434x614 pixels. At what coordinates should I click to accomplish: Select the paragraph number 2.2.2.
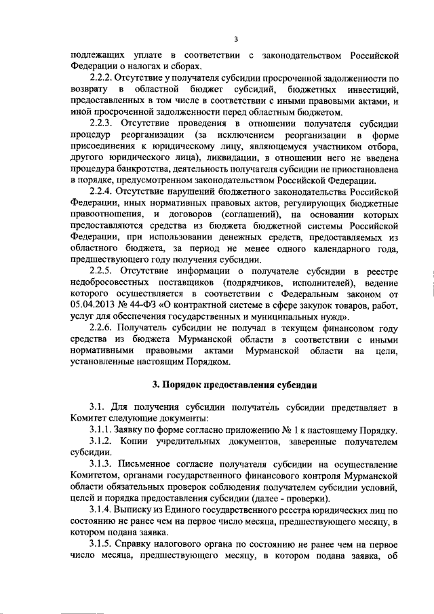tap(102, 79)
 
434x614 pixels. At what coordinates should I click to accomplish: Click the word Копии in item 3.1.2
tap(140, 442)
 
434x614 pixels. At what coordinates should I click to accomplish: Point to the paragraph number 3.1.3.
tap(101, 464)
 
